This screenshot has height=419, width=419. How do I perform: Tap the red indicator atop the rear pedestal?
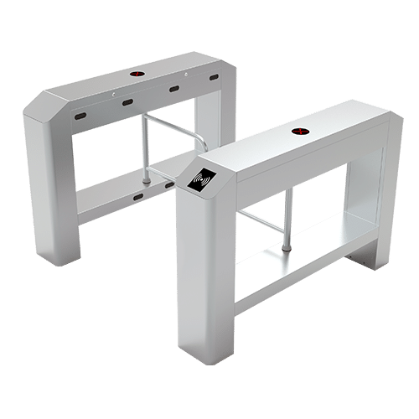pyautogui.click(x=137, y=73)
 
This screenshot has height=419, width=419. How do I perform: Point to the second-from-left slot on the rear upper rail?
pyautogui.click(x=128, y=103)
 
